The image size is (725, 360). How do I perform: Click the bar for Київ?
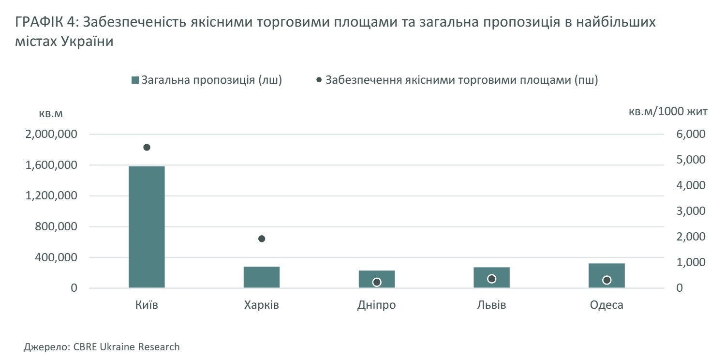(147, 227)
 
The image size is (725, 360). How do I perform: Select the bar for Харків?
(262, 277)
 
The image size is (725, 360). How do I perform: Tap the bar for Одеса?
(607, 276)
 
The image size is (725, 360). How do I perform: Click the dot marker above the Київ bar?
(147, 148)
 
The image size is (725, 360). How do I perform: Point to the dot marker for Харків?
(262, 239)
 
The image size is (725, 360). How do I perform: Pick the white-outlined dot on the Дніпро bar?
(377, 282)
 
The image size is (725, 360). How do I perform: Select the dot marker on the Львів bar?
(492, 279)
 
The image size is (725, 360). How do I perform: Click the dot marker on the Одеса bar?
(607, 280)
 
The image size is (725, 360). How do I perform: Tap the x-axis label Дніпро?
(377, 306)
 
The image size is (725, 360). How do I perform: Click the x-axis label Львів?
(491, 306)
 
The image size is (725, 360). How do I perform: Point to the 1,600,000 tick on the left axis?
(55, 165)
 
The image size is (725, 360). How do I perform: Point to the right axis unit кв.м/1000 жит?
(668, 112)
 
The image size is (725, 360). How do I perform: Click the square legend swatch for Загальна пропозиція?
(135, 80)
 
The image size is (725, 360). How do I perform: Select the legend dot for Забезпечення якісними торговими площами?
(319, 80)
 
